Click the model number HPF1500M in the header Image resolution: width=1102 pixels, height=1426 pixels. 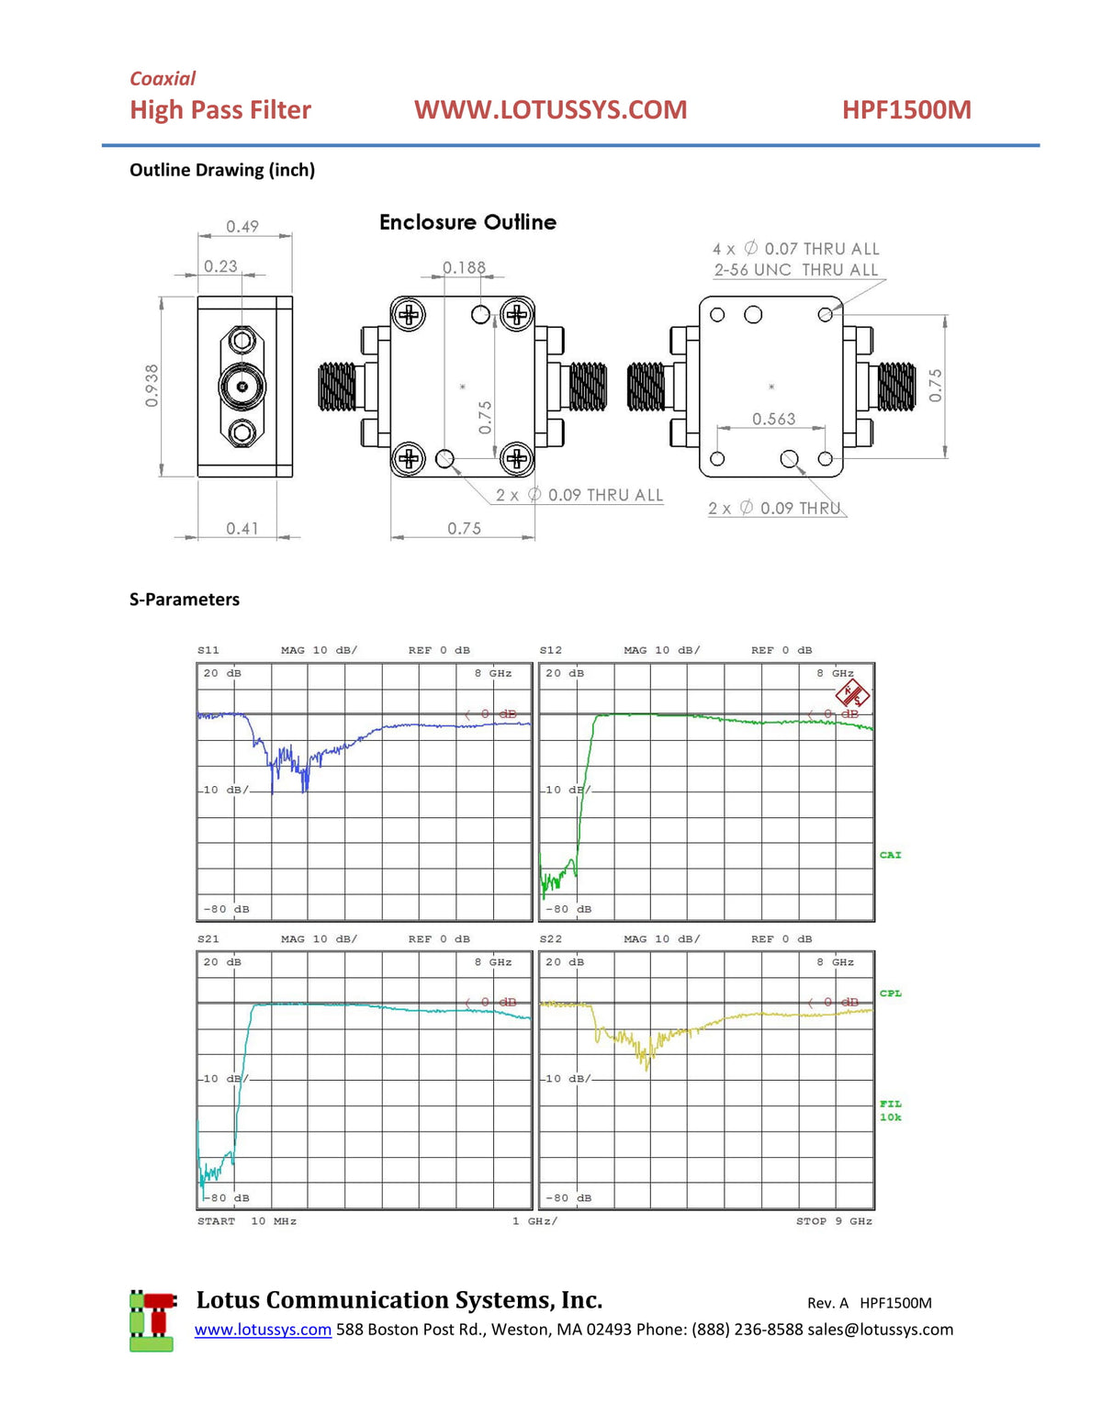[906, 110]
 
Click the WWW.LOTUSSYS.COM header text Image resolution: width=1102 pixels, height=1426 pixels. [550, 110]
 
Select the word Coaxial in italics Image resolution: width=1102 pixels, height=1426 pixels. [163, 79]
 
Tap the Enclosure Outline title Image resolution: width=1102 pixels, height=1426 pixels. [467, 222]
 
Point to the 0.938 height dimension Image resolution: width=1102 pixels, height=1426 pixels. [152, 386]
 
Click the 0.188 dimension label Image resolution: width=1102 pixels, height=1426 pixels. [464, 267]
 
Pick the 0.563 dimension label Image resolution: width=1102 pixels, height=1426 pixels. [773, 419]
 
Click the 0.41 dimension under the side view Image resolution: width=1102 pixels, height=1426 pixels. [242, 528]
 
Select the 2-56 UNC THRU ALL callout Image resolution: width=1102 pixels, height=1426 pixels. [795, 270]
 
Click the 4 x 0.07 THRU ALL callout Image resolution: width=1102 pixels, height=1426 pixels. [795, 249]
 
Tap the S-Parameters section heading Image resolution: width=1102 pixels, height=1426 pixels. [185, 600]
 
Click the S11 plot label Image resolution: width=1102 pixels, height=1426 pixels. [208, 650]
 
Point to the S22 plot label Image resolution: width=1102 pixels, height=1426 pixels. [551, 939]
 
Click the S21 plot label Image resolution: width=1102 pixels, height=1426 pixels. [208, 939]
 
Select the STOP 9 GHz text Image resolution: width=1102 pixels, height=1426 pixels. [834, 1221]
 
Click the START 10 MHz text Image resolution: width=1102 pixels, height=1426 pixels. [246, 1221]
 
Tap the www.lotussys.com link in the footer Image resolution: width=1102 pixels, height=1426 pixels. [263, 1330]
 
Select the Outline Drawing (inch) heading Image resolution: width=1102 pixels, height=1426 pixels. [222, 170]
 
